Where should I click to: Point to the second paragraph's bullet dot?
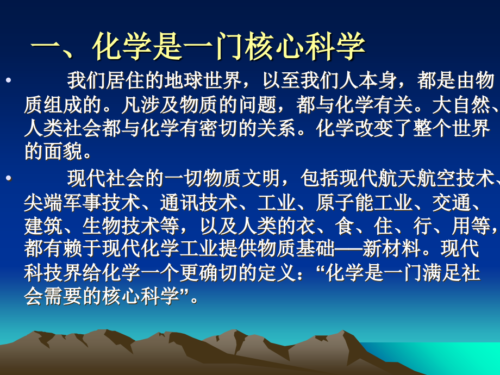pyautogui.click(x=7, y=178)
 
